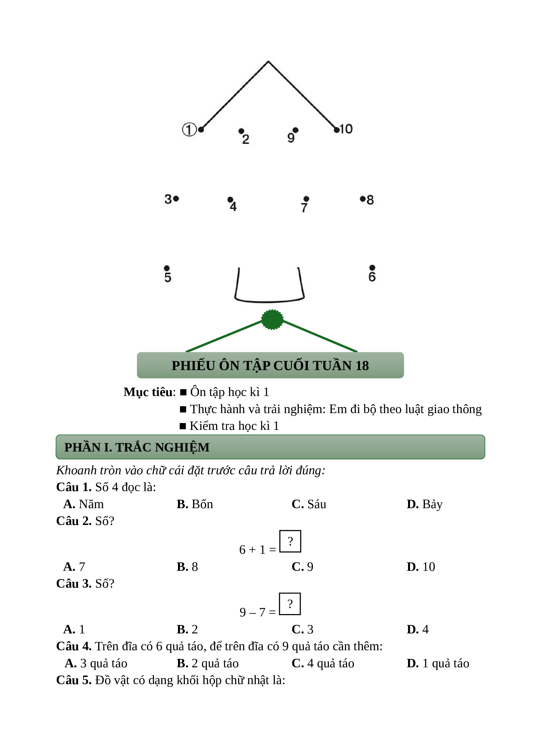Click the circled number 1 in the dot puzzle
pyautogui.click(x=189, y=130)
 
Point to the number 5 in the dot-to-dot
pyautogui.click(x=168, y=277)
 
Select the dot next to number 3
pyautogui.click(x=176, y=199)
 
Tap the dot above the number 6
pyautogui.click(x=372, y=268)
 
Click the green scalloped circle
pyautogui.click(x=272, y=319)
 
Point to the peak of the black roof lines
pyautogui.click(x=268, y=61)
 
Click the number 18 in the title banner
pyautogui.click(x=362, y=366)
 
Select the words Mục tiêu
pyautogui.click(x=148, y=392)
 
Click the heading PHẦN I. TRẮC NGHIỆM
pyautogui.click(x=137, y=447)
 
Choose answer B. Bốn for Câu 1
pyautogui.click(x=195, y=504)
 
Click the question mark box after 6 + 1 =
pyautogui.click(x=290, y=541)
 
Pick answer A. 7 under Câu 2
pyautogui.click(x=74, y=567)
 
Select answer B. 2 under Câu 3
pyautogui.click(x=187, y=629)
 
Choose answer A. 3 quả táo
pyautogui.click(x=96, y=663)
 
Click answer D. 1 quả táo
pyautogui.click(x=438, y=663)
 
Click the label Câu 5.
pyautogui.click(x=74, y=680)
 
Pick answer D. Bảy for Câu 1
pyautogui.click(x=425, y=504)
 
